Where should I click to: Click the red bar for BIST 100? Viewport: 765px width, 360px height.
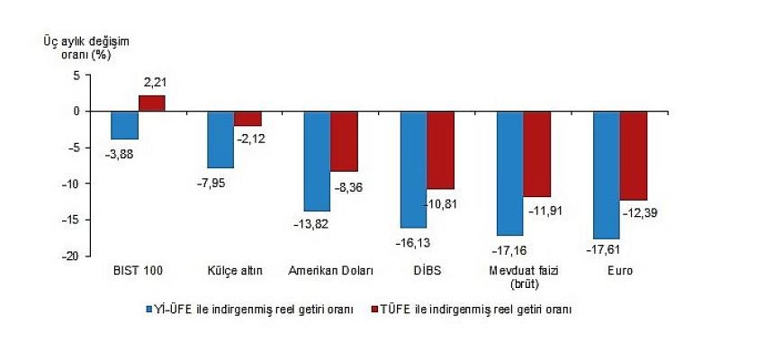tap(151, 103)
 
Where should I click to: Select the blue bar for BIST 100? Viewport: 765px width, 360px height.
tap(124, 125)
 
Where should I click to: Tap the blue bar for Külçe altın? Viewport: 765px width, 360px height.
tap(220, 139)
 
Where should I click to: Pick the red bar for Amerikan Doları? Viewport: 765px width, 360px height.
tap(344, 141)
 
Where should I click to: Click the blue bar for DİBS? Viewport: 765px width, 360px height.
tap(414, 169)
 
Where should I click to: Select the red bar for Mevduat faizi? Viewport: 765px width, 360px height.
tap(537, 154)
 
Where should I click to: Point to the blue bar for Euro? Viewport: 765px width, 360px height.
tap(607, 175)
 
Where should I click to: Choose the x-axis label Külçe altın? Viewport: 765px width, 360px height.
tap(234, 270)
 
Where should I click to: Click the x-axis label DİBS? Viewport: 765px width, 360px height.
tap(427, 270)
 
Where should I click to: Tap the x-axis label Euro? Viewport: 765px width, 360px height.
tap(620, 270)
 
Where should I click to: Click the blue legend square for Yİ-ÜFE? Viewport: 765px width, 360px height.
tap(150, 309)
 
